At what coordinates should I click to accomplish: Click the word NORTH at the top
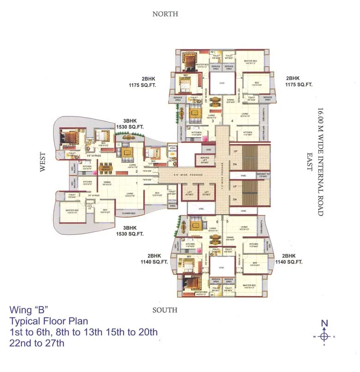point(165,14)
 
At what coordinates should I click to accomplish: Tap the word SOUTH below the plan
point(165,310)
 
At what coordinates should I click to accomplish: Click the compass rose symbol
point(324,336)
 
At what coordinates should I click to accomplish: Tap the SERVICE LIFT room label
point(204,162)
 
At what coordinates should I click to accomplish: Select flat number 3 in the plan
point(213,121)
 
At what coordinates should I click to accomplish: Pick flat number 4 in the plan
point(232,122)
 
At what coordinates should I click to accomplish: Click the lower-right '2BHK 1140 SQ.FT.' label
point(288,259)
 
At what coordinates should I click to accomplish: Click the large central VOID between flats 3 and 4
point(222,83)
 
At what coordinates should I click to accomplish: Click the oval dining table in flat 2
point(107,169)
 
